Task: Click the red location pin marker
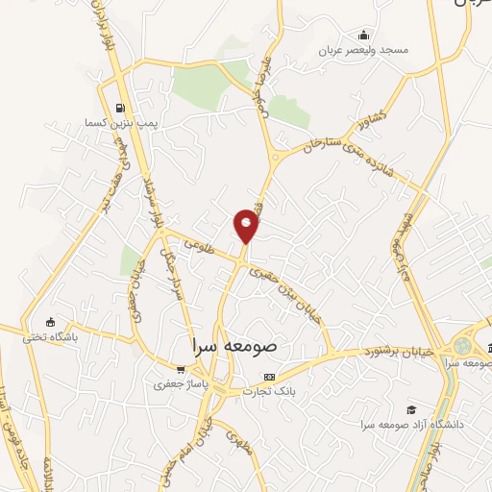(x=246, y=226)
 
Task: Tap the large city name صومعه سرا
(x=234, y=343)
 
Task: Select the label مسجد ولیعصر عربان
(x=364, y=49)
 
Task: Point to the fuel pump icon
(x=119, y=108)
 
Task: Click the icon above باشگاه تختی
(x=51, y=323)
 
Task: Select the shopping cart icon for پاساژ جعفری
(x=180, y=368)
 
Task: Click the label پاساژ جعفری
(x=180, y=383)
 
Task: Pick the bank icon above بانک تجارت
(x=269, y=376)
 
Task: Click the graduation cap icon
(x=411, y=408)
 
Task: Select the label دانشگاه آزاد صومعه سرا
(x=412, y=424)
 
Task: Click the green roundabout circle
(x=464, y=344)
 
